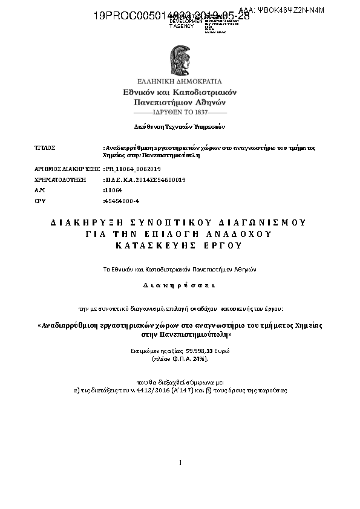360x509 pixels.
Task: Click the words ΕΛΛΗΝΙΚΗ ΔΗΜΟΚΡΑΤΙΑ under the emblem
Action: click(180, 81)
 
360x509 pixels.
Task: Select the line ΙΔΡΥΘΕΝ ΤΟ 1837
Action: click(180, 112)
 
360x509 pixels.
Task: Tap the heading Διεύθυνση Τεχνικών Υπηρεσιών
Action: click(179, 127)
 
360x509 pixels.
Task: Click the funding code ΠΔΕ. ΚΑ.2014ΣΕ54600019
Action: click(145, 180)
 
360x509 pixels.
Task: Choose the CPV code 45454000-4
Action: click(122, 200)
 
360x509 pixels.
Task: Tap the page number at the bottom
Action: click(180, 463)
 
